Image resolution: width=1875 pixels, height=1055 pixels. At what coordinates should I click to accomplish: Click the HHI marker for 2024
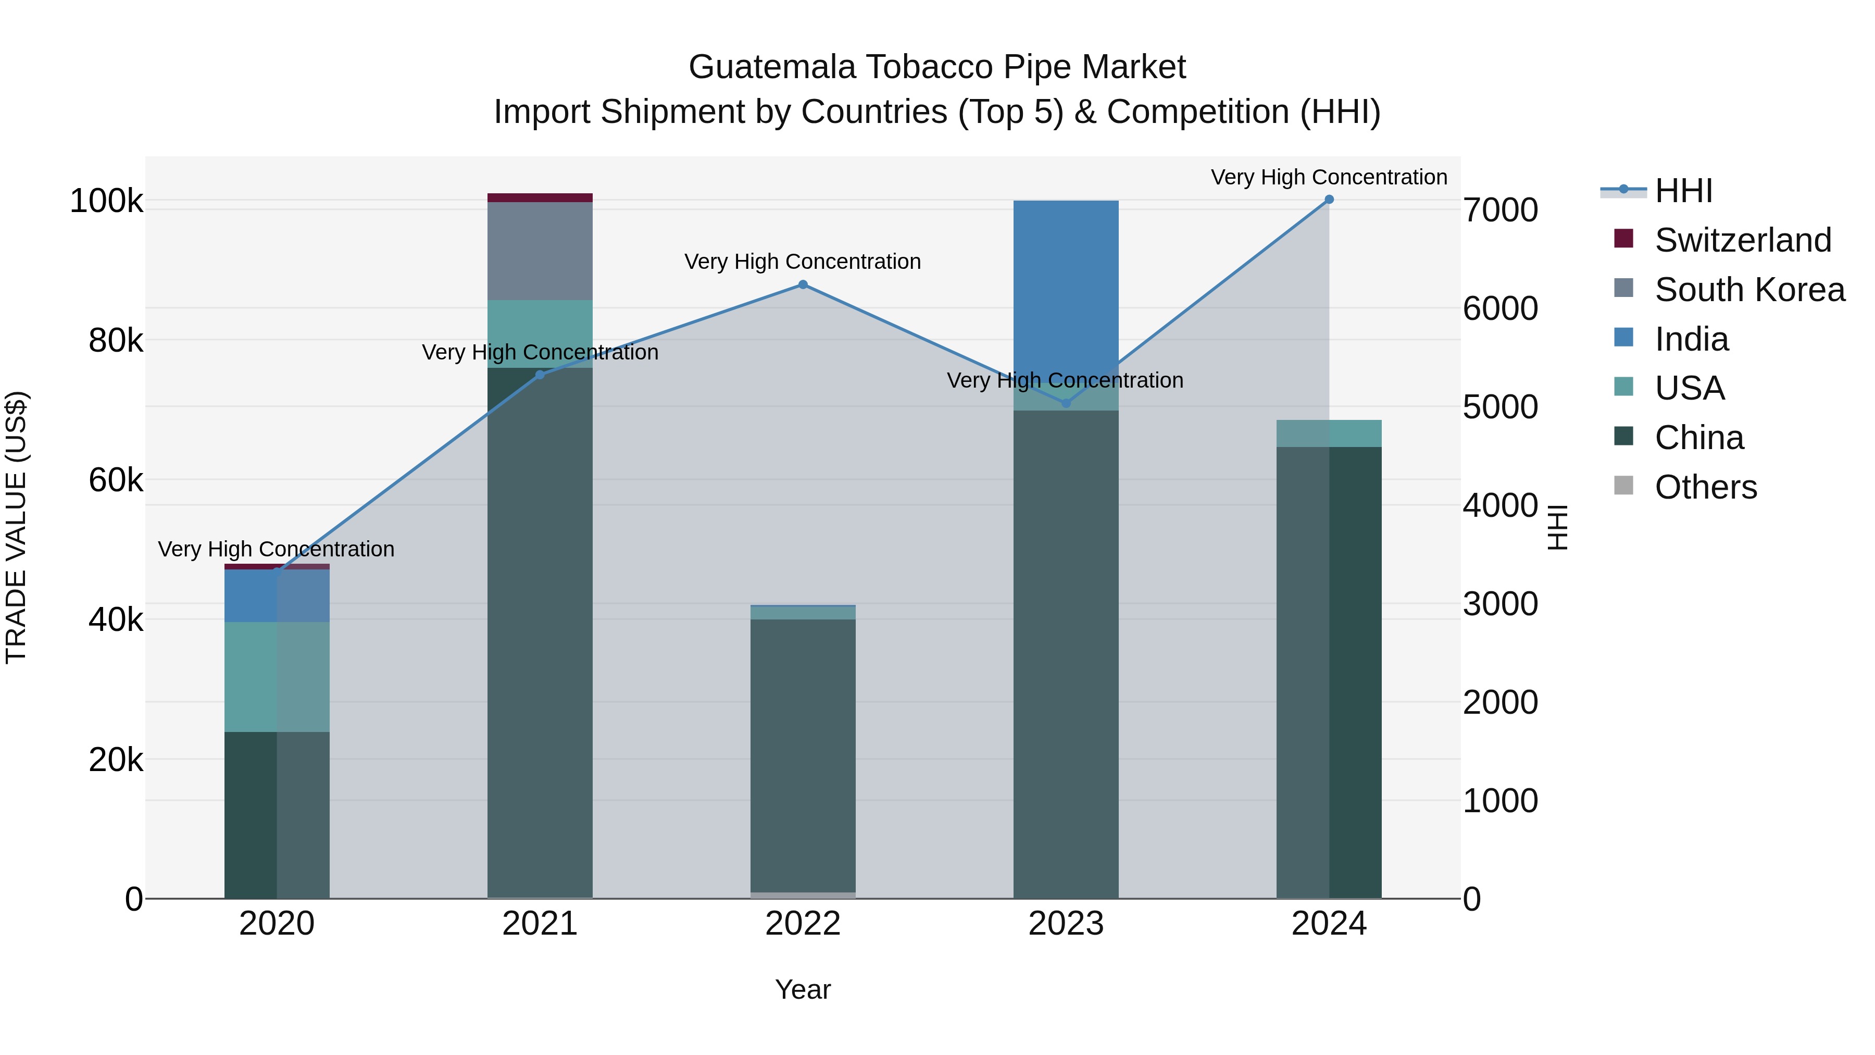pyautogui.click(x=1329, y=200)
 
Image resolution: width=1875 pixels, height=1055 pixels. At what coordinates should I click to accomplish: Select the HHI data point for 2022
pyautogui.click(x=803, y=284)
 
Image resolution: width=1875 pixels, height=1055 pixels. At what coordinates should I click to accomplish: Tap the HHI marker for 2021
pyautogui.click(x=540, y=375)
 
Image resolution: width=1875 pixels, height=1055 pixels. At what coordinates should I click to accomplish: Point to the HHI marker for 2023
pyautogui.click(x=1066, y=403)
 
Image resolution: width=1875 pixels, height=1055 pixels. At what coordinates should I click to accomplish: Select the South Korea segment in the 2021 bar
pyautogui.click(x=540, y=251)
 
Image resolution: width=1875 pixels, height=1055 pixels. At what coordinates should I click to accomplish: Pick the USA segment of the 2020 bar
pyautogui.click(x=277, y=677)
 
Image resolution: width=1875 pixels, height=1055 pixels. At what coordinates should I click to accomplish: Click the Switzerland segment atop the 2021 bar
pyautogui.click(x=540, y=198)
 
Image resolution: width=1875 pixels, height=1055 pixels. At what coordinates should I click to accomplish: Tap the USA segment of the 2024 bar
pyautogui.click(x=1329, y=433)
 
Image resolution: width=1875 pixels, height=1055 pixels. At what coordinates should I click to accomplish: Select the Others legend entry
pyautogui.click(x=1705, y=487)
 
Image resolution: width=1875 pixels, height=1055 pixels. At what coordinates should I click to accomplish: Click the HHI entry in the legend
pyautogui.click(x=1683, y=191)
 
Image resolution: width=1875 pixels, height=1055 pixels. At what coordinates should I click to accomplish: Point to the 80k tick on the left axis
pyautogui.click(x=115, y=341)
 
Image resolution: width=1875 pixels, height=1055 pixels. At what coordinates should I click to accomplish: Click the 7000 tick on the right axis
pyautogui.click(x=1501, y=210)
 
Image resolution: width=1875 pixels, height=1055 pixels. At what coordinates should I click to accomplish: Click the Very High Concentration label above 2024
pyautogui.click(x=1329, y=178)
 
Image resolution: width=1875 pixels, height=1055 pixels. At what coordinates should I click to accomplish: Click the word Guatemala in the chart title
pyautogui.click(x=771, y=68)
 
